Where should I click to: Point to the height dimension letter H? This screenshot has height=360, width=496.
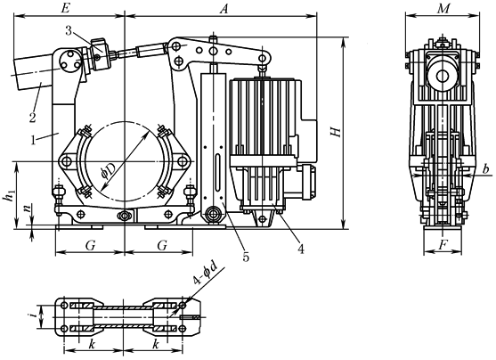336,132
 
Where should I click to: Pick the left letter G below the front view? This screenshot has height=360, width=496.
90,243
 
